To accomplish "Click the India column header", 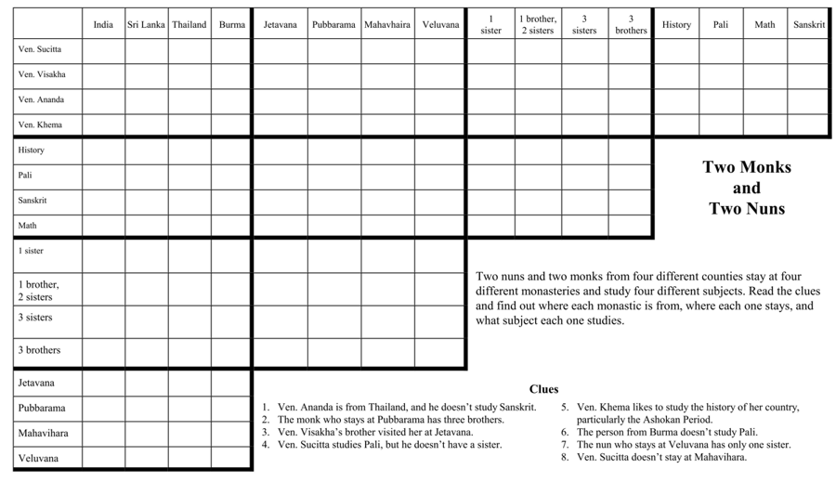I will (103, 24).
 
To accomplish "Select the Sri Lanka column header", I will (146, 24).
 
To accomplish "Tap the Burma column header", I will (231, 24).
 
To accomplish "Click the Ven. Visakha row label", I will (42, 74).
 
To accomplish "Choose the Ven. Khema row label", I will (40, 124).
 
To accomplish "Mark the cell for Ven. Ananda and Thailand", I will (189, 99).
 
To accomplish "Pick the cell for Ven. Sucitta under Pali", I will (721, 49).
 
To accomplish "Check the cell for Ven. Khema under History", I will (676, 124).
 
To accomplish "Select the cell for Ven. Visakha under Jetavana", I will (280, 74).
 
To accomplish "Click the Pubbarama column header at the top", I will (333, 24).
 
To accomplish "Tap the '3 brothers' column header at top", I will (631, 24).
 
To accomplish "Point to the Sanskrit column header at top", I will (809, 24).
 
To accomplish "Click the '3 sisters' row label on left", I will (35, 318).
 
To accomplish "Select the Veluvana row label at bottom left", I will (37, 458).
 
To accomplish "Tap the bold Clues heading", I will (543, 389).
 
